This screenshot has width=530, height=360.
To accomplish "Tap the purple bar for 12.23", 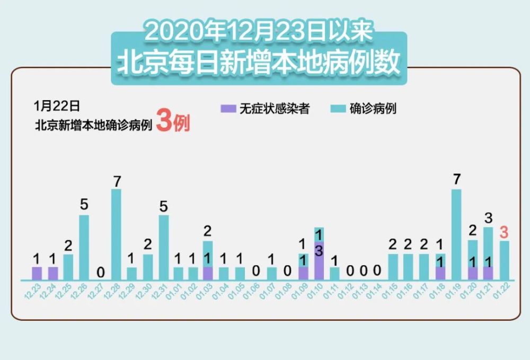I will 37,274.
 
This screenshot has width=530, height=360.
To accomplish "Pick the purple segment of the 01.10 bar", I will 319,260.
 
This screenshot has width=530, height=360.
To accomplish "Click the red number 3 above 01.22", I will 504,232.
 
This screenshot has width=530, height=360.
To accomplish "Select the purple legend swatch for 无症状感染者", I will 227,109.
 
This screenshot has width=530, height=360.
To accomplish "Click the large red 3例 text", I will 173,124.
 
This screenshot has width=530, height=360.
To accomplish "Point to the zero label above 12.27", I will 100,273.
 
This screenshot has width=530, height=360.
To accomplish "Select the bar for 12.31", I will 164,247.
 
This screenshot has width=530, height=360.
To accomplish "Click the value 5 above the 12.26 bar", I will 84,205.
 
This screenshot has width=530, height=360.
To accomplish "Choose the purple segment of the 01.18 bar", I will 440,274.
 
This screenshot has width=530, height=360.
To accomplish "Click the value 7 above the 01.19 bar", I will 456,180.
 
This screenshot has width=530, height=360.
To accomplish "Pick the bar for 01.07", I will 271,274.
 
